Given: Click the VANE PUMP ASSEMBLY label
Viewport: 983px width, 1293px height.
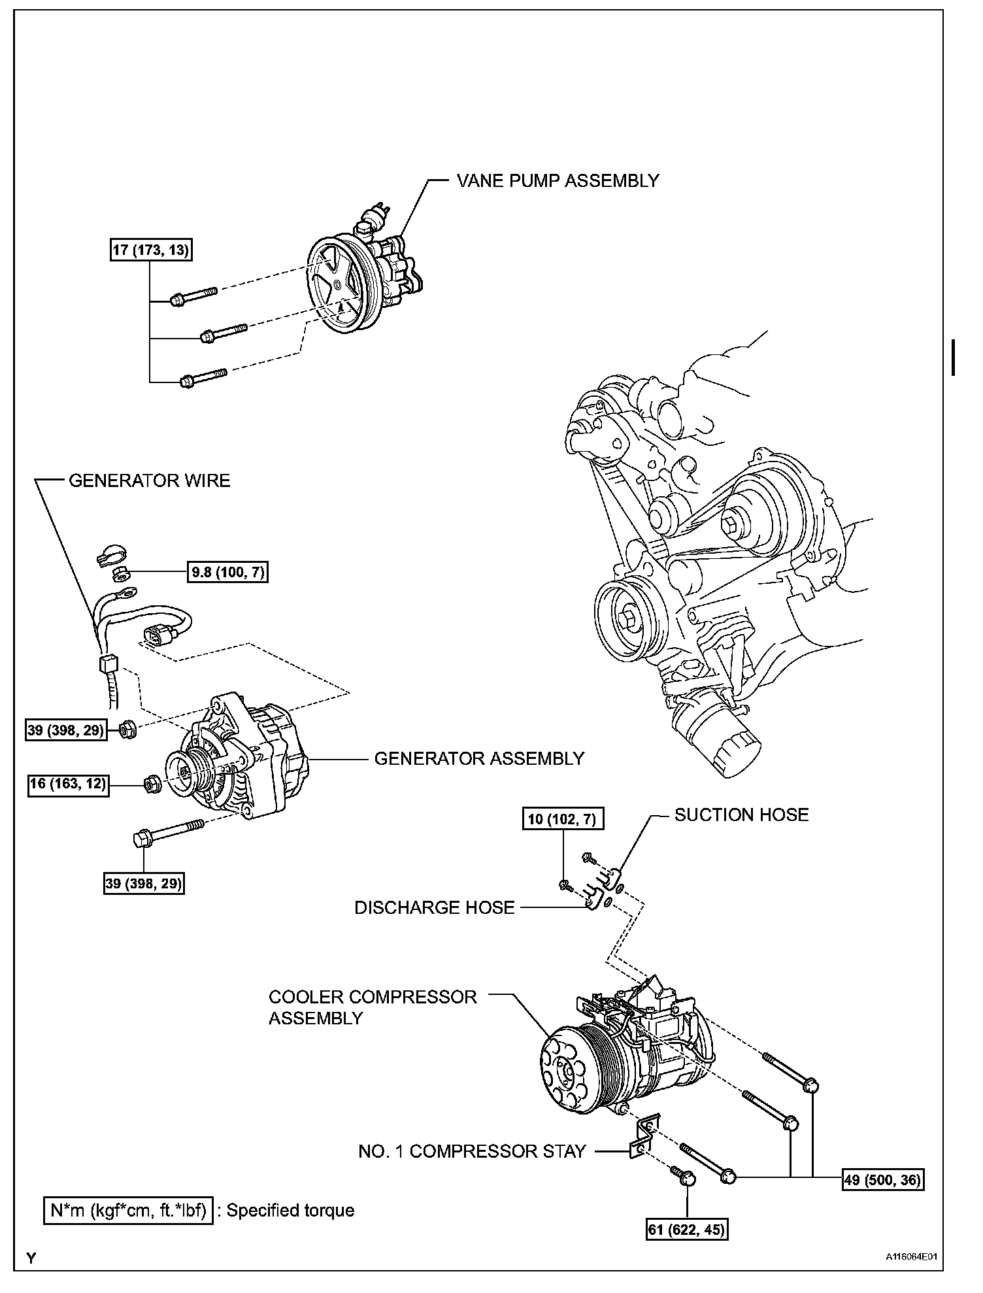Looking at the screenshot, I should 558,181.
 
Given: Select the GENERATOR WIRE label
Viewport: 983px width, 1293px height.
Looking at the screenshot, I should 149,481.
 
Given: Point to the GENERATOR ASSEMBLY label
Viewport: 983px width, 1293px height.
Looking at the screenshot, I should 478,758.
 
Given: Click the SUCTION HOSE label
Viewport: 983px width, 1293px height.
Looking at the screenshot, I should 741,814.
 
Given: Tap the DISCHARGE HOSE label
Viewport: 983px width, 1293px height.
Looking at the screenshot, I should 434,907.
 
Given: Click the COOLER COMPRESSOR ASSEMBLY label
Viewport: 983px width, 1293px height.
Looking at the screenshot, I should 373,1007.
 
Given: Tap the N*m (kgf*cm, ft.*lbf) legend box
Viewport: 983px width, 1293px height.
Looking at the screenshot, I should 128,1210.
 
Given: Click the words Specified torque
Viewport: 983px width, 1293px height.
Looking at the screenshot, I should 290,1210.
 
